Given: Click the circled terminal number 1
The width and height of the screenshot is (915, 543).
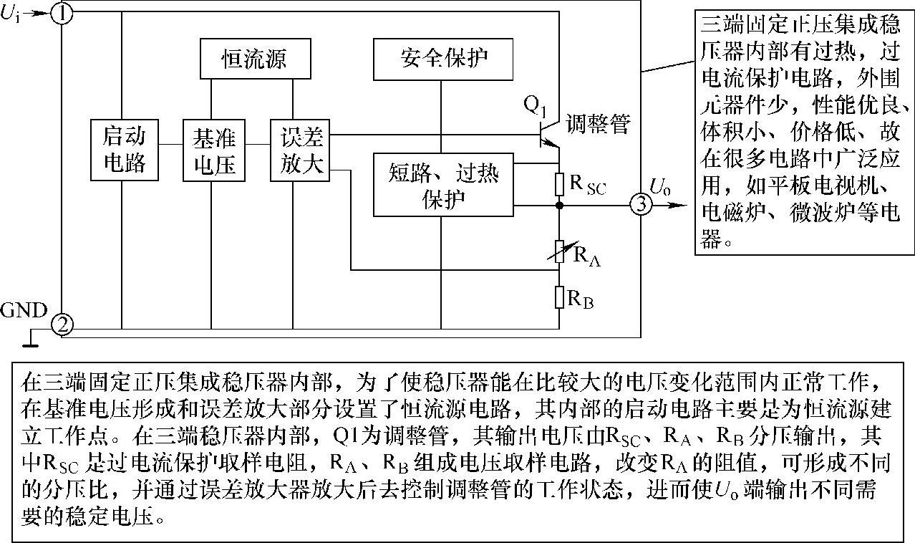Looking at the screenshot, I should pyautogui.click(x=62, y=14).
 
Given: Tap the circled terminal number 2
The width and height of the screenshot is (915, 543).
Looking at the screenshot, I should pyautogui.click(x=62, y=326).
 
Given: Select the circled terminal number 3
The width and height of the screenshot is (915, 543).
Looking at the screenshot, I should pyautogui.click(x=641, y=205).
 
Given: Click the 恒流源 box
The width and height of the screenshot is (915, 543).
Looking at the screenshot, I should pyautogui.click(x=256, y=58).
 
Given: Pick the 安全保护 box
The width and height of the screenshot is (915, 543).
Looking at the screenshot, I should pyautogui.click(x=444, y=58).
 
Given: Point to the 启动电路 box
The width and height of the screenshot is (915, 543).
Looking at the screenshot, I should pyautogui.click(x=125, y=150).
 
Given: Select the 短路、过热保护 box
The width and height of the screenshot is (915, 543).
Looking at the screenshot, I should pyautogui.click(x=444, y=184).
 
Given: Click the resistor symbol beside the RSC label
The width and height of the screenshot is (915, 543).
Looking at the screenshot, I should pyautogui.click(x=560, y=183).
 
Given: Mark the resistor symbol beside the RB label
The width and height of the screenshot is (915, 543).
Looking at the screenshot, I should pyautogui.click(x=560, y=296).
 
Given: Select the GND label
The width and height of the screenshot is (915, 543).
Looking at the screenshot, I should pyautogui.click(x=24, y=311).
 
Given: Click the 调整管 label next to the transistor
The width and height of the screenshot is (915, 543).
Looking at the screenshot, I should pyautogui.click(x=599, y=124).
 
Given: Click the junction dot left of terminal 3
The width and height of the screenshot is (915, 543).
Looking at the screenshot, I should pyautogui.click(x=560, y=206).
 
